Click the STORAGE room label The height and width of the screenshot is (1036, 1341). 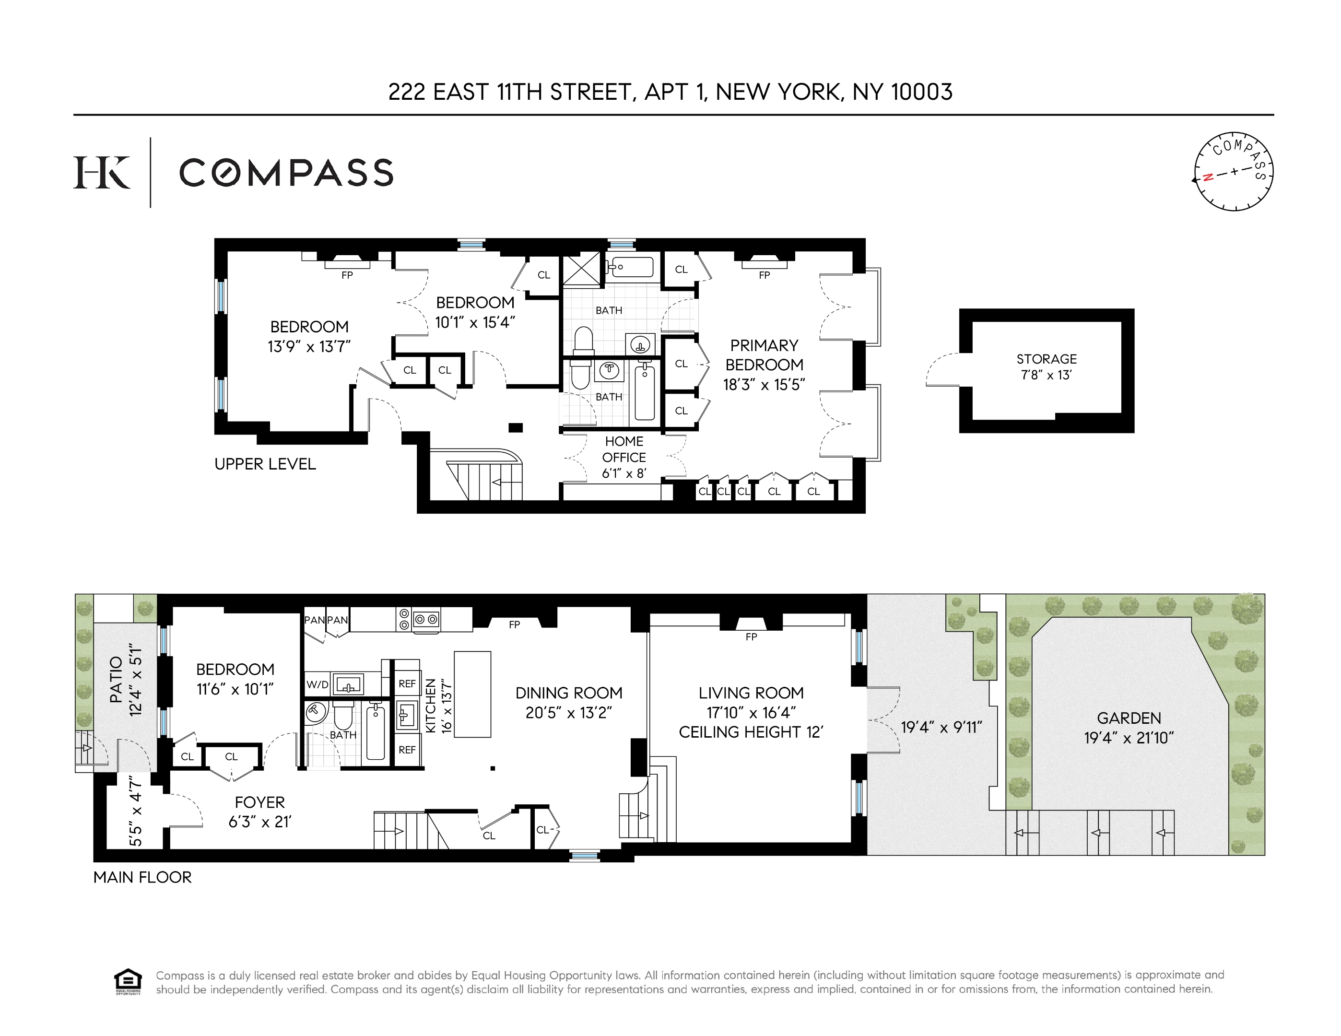pyautogui.click(x=1046, y=359)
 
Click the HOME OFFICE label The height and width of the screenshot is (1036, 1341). pyautogui.click(x=624, y=449)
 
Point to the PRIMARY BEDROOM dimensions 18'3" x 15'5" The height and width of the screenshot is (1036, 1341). pyautogui.click(x=764, y=385)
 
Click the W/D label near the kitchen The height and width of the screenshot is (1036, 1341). pyautogui.click(x=318, y=684)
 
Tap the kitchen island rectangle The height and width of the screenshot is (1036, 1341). pyautogui.click(x=472, y=694)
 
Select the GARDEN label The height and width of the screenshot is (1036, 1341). pyautogui.click(x=1129, y=718)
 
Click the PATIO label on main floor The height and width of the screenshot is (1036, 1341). pyautogui.click(x=116, y=679)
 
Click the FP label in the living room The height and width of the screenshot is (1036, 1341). pyautogui.click(x=751, y=637)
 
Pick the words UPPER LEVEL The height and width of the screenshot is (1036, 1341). pyautogui.click(x=265, y=464)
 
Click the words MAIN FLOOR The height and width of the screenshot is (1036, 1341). pyautogui.click(x=142, y=877)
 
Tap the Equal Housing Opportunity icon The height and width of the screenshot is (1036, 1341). pyautogui.click(x=128, y=981)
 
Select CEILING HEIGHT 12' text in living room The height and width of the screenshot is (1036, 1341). pyautogui.click(x=750, y=732)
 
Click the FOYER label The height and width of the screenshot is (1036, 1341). pyautogui.click(x=260, y=802)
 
